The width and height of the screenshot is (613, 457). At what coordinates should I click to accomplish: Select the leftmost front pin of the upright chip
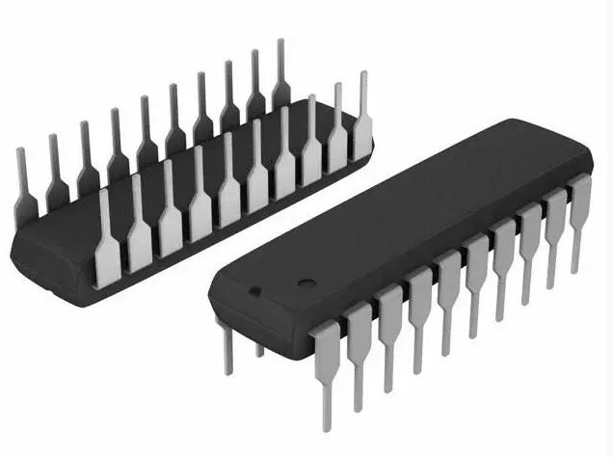pos(326,362)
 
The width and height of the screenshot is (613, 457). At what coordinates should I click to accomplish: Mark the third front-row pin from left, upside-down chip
pos(171,210)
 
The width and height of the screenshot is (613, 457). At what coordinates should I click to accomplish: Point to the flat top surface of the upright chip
pos(405,212)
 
